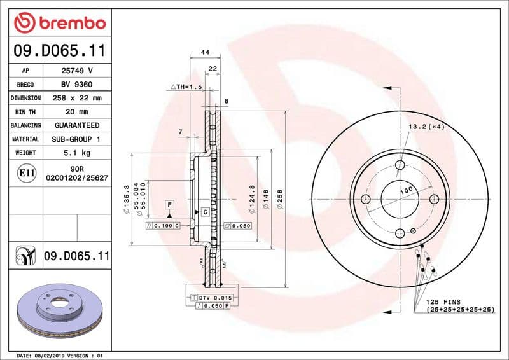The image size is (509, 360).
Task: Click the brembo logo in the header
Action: pos(59,23)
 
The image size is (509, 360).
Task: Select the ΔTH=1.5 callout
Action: pos(185,87)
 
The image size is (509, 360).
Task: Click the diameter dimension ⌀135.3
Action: pos(127,198)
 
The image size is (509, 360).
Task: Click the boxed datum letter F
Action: pos(170,204)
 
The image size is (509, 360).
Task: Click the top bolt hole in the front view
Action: pos(400,165)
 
